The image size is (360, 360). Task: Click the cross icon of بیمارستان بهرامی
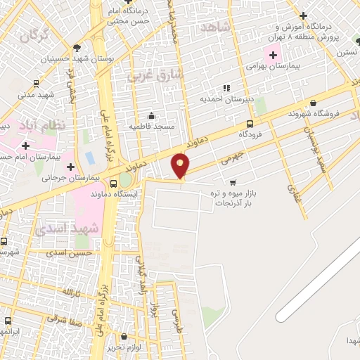tap(273, 54)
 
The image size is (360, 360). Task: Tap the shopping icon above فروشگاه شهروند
tap(313, 101)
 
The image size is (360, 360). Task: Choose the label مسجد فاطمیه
tap(150, 126)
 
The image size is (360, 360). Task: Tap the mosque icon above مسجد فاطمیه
tap(151, 116)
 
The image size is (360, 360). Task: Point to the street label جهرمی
tap(231, 155)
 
